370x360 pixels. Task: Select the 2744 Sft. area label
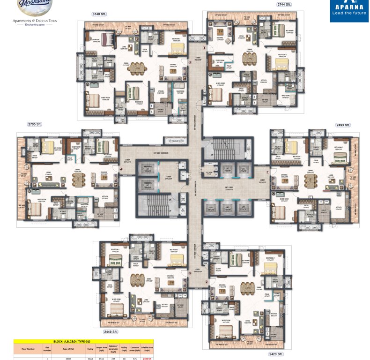284,4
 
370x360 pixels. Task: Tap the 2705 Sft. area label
35,124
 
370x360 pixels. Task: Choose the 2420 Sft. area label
275,354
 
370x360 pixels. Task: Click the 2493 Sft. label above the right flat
343,125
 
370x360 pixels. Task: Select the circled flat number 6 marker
204,48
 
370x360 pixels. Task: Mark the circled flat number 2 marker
206,282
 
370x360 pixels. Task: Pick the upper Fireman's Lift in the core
147,167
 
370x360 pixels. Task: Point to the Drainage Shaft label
173,140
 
